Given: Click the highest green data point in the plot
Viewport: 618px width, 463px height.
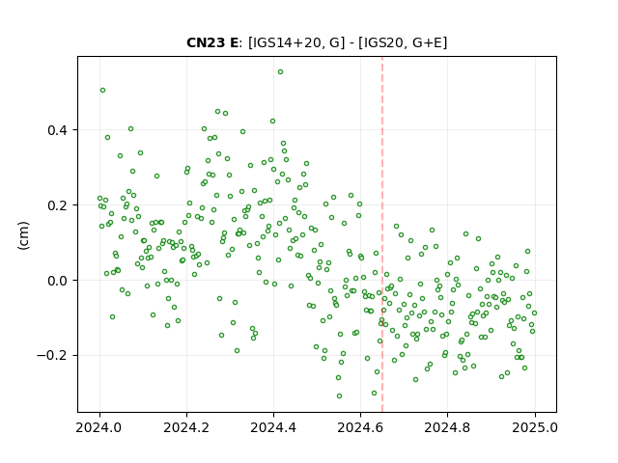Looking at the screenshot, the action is (280, 72).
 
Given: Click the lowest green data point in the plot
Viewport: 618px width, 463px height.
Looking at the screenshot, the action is (339, 395).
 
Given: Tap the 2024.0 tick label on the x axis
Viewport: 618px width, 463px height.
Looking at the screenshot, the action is (99, 427).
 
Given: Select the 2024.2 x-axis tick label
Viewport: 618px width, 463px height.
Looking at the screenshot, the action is (186, 427).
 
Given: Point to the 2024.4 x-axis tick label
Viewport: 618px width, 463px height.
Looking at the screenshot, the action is (273, 427).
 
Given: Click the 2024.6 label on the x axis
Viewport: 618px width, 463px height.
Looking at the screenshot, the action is (360, 427).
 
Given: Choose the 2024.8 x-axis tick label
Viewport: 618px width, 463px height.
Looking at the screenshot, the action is (447, 427).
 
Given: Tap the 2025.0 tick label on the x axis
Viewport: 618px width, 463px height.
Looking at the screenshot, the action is (535, 427).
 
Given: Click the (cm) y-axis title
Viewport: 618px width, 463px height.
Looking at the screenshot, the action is (23, 235).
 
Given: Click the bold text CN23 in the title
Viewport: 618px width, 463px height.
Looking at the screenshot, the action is (206, 42).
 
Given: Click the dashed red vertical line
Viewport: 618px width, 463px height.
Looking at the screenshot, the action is (382, 233).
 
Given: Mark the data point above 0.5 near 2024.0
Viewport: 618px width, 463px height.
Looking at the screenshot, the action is (103, 90).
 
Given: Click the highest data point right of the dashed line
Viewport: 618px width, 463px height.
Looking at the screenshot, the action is (397, 226).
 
